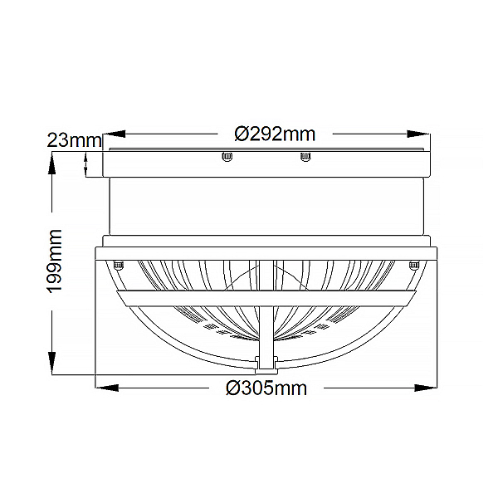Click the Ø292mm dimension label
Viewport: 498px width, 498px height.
(275, 134)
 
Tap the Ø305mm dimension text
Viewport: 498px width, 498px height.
(266, 388)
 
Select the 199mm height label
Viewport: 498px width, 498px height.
(54, 261)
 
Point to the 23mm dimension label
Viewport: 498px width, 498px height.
(75, 140)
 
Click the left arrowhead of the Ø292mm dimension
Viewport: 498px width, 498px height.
(115, 134)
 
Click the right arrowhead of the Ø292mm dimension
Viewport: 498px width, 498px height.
(418, 134)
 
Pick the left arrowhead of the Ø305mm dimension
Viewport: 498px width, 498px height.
(107, 388)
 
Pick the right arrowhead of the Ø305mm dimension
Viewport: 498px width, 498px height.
(426, 388)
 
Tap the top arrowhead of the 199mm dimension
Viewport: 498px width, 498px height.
(51, 163)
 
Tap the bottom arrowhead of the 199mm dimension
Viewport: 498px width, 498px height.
(51, 363)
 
